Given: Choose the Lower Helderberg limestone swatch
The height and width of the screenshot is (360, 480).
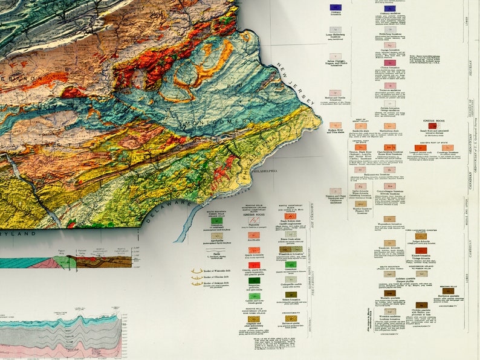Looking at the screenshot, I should coord(334,28).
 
